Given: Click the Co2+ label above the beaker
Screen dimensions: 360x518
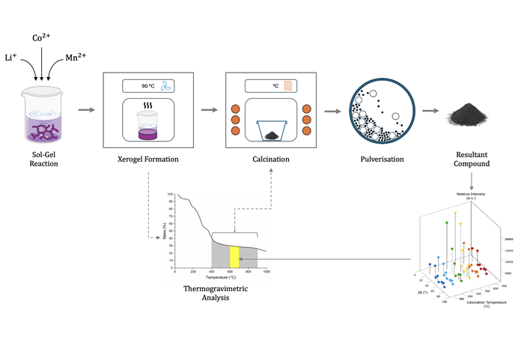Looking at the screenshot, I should (41, 37).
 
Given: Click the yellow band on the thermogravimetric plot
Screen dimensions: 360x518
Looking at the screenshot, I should (234, 256).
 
